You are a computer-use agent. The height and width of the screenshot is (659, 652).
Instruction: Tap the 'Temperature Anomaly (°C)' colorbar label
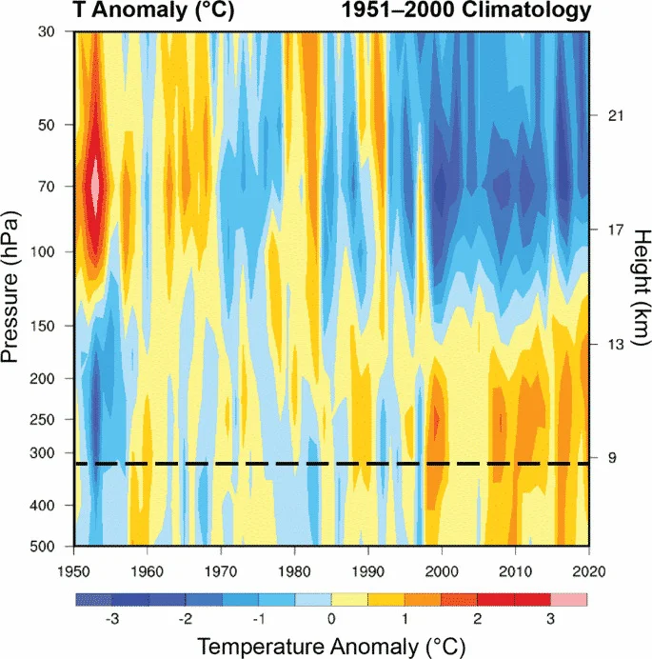330,647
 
